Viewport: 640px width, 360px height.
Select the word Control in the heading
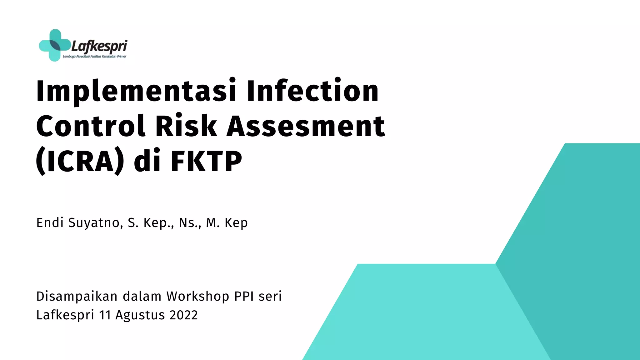pyautogui.click(x=91, y=126)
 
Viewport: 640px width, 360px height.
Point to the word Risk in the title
pyautogui.click(x=186, y=126)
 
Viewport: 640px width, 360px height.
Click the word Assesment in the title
pyautogui.click(x=306, y=126)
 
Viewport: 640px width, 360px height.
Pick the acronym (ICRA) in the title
pyautogui.click(x=80, y=161)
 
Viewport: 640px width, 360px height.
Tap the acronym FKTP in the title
pyautogui.click(x=206, y=161)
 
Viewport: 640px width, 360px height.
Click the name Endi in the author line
pyautogui.click(x=50, y=223)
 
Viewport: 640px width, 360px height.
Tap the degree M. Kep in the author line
pyautogui.click(x=227, y=223)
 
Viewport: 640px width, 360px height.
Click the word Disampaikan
pyautogui.click(x=77, y=297)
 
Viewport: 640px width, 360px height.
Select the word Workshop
pyautogui.click(x=198, y=297)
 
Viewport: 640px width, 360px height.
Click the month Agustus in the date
pyautogui.click(x=140, y=315)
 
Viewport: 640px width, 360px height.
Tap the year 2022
pyautogui.click(x=183, y=315)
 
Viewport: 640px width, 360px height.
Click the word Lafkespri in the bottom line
pyautogui.click(x=65, y=315)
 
